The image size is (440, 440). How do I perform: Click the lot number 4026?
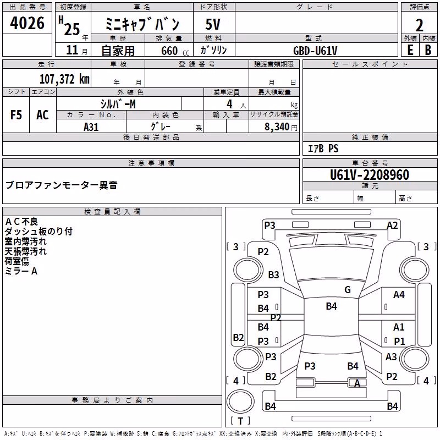pos(27,23)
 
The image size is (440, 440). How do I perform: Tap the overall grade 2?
pos(419,25)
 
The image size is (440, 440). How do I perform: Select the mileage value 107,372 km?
pos(64,79)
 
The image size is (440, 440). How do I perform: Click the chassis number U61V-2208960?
pos(370,175)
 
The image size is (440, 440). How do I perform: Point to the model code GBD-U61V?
pos(315,51)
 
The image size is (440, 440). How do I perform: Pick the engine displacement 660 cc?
pos(175,51)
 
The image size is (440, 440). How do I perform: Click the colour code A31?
pos(91,127)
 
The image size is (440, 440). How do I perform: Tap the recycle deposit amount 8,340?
pos(277,127)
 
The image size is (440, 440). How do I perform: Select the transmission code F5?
pos(16,115)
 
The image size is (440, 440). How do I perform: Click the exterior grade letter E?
pos(410,50)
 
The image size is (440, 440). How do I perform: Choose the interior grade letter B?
pos(428,50)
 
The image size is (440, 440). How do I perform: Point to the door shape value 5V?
pos(213,24)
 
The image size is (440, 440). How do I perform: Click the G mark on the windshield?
pos(348,289)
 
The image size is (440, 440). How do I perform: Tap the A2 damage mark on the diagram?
pos(392,226)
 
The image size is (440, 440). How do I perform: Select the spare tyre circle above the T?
pos(240,401)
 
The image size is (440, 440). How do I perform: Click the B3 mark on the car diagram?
pos(273,274)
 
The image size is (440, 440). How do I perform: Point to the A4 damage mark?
pos(399,295)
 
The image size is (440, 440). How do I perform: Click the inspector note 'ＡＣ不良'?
pos(21,222)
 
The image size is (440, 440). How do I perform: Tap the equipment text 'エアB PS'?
pos(323,148)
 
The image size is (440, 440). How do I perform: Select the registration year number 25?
pos(72,29)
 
